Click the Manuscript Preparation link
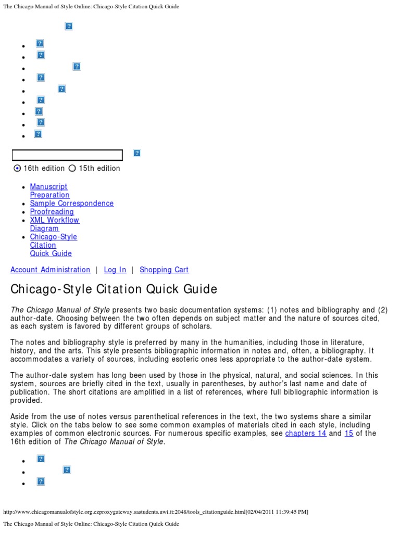point(49,191)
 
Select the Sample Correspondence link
point(71,204)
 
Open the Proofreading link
point(52,212)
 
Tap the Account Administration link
point(51,270)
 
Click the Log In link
point(115,270)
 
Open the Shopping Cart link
point(164,270)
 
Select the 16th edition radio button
point(17,168)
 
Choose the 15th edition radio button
point(72,168)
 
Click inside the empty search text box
point(67,155)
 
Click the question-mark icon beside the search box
point(137,153)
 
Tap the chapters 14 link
point(306,433)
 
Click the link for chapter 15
point(349,433)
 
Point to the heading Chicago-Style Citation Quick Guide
point(114,289)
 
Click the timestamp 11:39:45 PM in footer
point(288,512)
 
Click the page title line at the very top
point(91,7)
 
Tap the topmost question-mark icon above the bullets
point(69,26)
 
